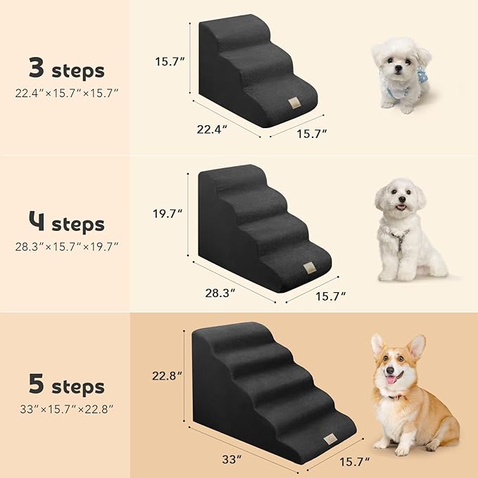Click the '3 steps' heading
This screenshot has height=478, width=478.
click(x=66, y=70)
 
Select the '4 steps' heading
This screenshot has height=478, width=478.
click(x=66, y=225)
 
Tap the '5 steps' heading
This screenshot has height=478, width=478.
click(x=66, y=386)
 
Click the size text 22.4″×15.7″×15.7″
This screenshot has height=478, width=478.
click(x=66, y=92)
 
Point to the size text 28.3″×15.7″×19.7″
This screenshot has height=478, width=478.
click(x=66, y=247)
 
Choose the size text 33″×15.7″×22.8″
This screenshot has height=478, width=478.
click(x=66, y=408)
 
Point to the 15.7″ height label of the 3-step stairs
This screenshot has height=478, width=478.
click(x=170, y=61)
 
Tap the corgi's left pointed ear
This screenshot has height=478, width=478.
click(x=377, y=344)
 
